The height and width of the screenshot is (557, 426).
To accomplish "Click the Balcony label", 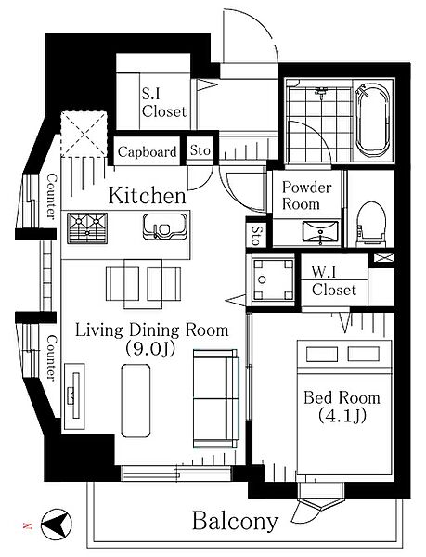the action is [235, 521].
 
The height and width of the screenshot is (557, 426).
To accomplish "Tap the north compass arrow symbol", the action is [56, 524].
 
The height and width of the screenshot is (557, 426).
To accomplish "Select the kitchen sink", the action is [165, 227].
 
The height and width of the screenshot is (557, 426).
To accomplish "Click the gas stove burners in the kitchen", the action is [87, 228].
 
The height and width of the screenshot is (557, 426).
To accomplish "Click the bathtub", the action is [373, 120].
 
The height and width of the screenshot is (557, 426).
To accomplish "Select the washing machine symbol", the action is [273, 279].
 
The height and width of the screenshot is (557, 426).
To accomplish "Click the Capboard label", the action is [147, 152].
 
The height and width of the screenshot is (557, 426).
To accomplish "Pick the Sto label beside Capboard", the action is [200, 150].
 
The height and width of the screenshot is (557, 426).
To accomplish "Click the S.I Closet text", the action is [164, 103].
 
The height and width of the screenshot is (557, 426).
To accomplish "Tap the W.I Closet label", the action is [334, 281].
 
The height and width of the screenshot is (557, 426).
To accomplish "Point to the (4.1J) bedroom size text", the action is [342, 415].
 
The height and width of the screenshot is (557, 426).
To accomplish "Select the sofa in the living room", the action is [216, 398].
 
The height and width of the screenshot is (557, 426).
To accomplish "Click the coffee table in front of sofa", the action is [136, 400].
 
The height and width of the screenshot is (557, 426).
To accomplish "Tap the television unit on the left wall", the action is [74, 395].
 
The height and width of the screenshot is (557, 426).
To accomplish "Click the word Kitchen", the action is [147, 196].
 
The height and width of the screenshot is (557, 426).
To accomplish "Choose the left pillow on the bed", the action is [322, 355].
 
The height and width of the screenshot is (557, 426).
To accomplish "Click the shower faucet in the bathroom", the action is [321, 91].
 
